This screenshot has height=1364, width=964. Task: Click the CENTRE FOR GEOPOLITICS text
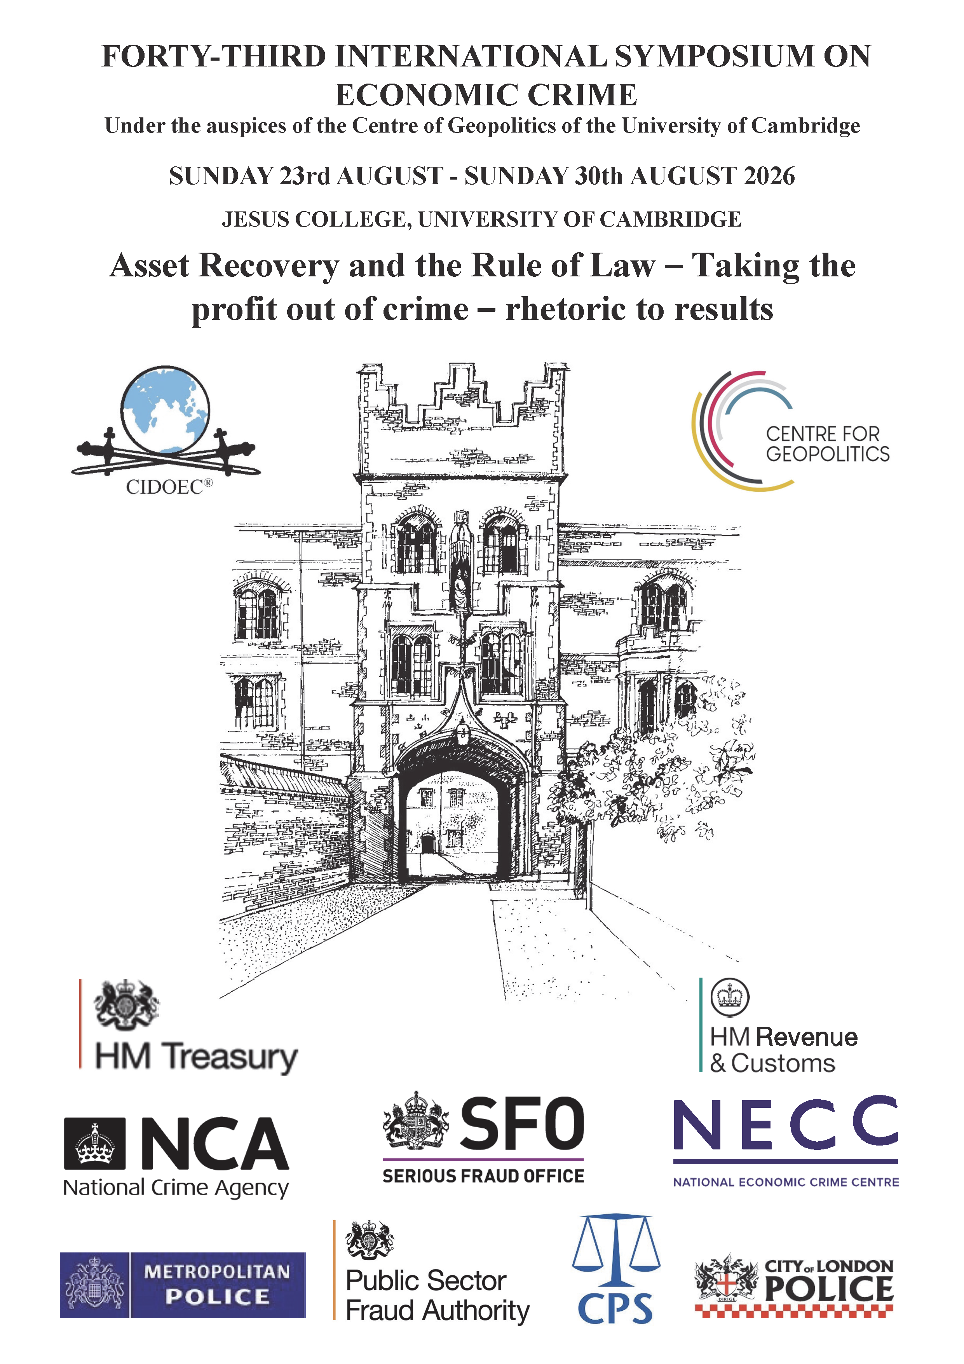[x=827, y=444]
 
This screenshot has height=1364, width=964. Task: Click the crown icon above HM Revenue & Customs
[x=730, y=998]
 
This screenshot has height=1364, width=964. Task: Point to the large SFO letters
[x=522, y=1124]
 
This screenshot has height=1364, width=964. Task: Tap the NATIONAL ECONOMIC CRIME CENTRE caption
[x=785, y=1182]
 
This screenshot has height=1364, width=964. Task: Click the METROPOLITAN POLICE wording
[x=217, y=1284]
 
